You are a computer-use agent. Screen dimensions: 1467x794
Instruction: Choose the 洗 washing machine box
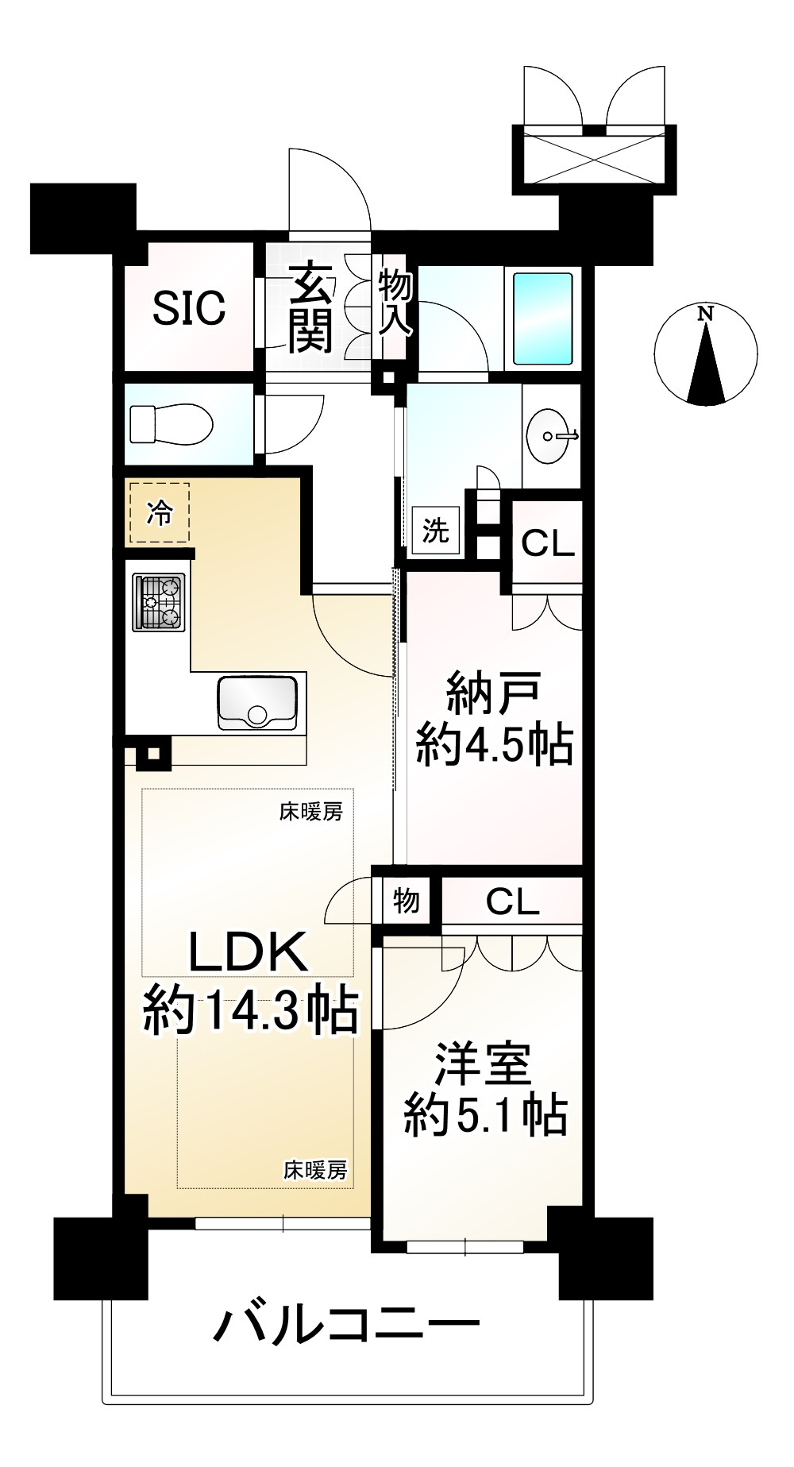click(x=435, y=530)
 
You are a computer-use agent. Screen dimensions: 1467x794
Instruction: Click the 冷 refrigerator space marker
click(x=160, y=513)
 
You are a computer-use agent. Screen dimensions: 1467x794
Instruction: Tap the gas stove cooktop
click(x=160, y=601)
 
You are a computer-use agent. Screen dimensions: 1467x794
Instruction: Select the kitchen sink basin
click(x=257, y=702)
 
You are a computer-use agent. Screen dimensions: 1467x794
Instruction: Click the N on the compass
click(x=704, y=314)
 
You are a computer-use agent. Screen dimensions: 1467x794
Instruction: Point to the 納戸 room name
click(x=494, y=693)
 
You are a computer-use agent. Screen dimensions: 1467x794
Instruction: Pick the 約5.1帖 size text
click(x=485, y=1115)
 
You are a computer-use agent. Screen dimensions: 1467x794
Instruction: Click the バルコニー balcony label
click(x=348, y=1324)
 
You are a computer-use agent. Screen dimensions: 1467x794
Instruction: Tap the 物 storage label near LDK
click(x=407, y=901)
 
